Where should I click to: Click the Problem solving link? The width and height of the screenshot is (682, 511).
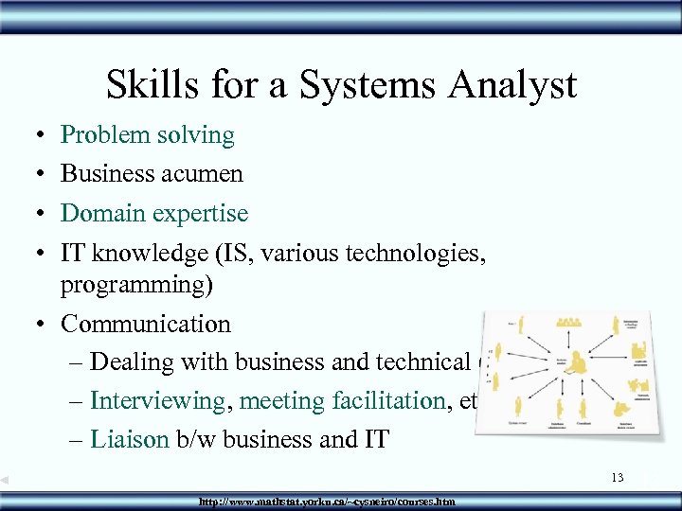coord(147,135)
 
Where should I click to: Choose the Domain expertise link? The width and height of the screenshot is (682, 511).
coord(153,213)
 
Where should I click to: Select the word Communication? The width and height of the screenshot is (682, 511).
coord(145,324)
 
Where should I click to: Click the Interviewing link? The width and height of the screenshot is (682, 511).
coord(157,401)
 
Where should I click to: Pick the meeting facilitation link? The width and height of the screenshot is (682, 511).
coord(342,401)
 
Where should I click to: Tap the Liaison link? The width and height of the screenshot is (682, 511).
coord(128,440)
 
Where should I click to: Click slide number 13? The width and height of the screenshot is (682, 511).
coord(617,478)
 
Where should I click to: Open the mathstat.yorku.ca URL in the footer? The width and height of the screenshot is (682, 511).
coord(327,501)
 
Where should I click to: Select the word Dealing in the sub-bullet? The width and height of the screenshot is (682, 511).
coord(133,362)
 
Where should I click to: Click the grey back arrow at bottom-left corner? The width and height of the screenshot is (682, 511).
coord(5,481)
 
